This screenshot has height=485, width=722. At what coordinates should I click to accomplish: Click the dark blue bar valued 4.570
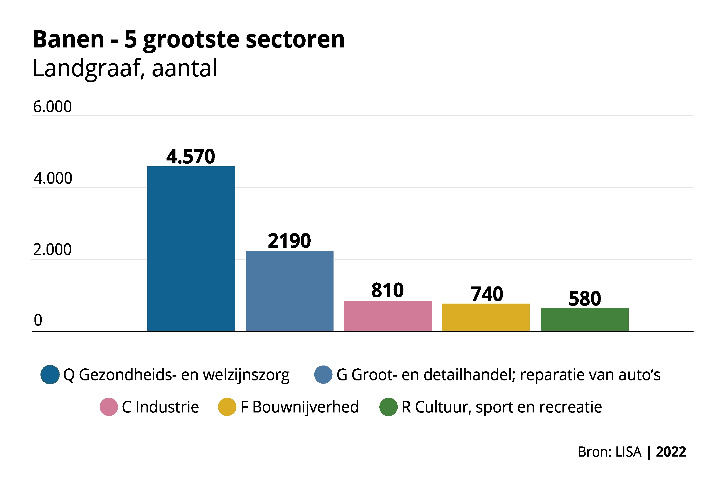pyautogui.click(x=191, y=249)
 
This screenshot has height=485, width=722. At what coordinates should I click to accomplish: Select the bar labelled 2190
pyautogui.click(x=289, y=291)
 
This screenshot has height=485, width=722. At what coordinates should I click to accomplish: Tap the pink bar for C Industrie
pyautogui.click(x=388, y=316)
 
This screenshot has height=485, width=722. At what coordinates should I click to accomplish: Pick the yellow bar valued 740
pyautogui.click(x=486, y=317)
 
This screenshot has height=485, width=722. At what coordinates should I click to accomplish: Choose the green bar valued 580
pyautogui.click(x=585, y=319)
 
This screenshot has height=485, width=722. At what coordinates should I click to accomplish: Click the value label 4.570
pyautogui.click(x=191, y=157)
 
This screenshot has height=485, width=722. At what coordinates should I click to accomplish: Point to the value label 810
pyautogui.click(x=388, y=290)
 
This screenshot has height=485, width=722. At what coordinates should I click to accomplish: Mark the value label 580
pyautogui.click(x=585, y=299)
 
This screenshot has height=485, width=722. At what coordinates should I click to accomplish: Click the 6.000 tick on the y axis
pyautogui.click(x=52, y=107)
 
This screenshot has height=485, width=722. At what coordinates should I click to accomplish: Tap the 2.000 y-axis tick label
pyautogui.click(x=52, y=249)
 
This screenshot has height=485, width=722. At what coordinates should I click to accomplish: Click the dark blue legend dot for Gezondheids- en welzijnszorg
pyautogui.click(x=50, y=375)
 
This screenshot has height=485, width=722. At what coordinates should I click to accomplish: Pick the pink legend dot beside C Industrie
pyautogui.click(x=109, y=407)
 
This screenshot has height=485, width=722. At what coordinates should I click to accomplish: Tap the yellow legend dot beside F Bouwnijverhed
pyautogui.click(x=227, y=407)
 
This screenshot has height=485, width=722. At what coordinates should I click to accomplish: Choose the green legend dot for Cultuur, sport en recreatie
pyautogui.click(x=388, y=407)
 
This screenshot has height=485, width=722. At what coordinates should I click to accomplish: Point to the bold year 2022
pyautogui.click(x=671, y=452)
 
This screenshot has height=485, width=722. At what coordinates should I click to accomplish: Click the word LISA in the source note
pyautogui.click(x=628, y=452)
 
